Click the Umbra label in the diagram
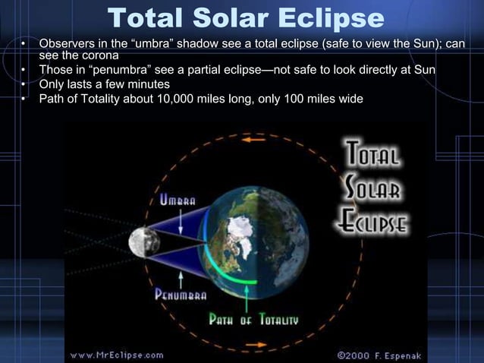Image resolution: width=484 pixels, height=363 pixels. (176, 200)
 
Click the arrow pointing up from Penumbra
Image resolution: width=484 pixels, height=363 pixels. (181, 275)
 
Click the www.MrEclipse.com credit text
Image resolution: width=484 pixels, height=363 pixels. (117, 355)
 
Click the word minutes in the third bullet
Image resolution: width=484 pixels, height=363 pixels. (146, 84)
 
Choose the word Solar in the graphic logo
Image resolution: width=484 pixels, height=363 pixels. (375, 188)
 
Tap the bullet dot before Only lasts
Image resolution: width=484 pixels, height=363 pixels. (24, 84)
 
